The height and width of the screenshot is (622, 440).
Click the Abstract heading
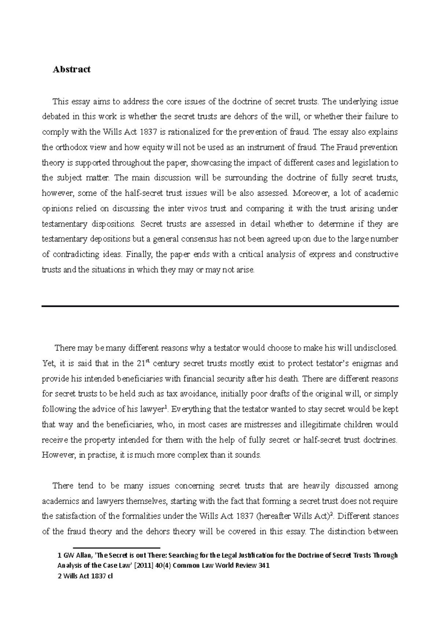pyautogui.click(x=71, y=70)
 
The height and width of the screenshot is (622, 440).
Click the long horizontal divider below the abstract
pyautogui.click(x=220, y=306)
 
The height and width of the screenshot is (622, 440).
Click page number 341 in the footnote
pyautogui.click(x=264, y=565)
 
